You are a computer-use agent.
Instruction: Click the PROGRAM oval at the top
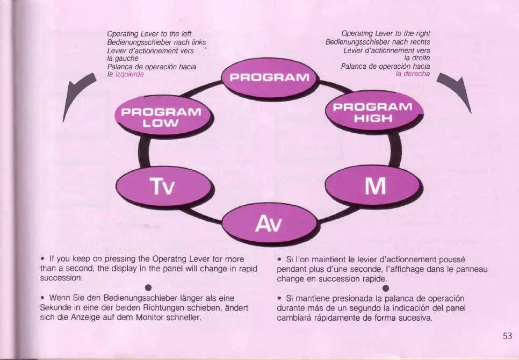(x=269, y=77)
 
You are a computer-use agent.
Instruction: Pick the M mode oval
(x=374, y=185)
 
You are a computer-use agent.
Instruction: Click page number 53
(x=507, y=336)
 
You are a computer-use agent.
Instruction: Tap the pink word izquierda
(x=128, y=74)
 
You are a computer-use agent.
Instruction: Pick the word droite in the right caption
(x=419, y=58)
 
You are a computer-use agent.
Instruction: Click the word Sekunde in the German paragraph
(x=56, y=307)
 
